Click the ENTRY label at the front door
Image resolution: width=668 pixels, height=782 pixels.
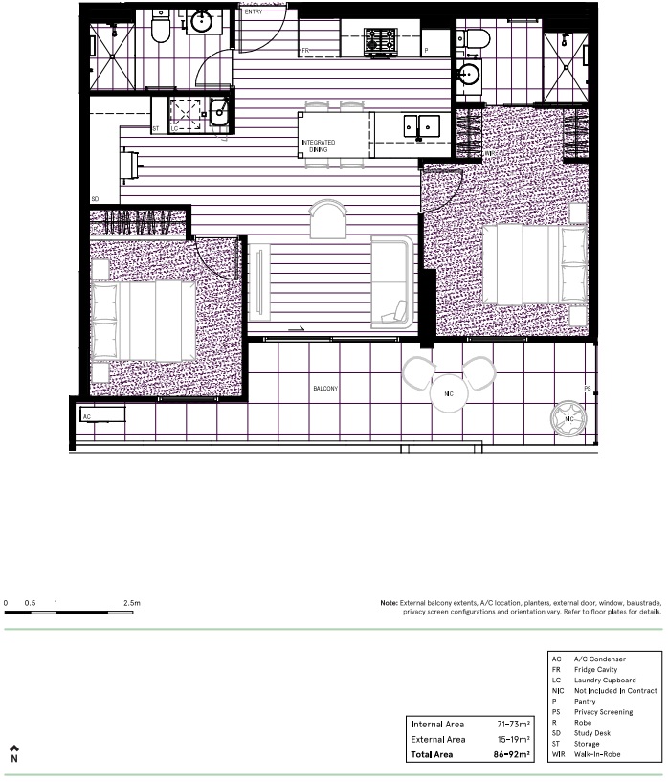(x=254, y=11)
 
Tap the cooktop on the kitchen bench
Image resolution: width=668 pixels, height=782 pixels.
(x=380, y=41)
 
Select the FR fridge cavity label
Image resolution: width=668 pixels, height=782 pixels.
(x=306, y=49)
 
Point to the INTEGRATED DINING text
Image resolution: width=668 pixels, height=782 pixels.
(x=319, y=145)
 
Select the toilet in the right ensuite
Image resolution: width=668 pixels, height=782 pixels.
(x=475, y=38)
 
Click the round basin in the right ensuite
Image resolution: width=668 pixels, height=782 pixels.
(x=470, y=76)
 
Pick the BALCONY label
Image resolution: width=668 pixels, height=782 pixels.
(x=326, y=390)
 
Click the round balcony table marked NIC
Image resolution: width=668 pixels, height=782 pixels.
(x=448, y=392)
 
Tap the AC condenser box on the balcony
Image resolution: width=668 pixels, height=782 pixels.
(x=101, y=416)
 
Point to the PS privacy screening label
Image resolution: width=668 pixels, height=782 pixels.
(x=588, y=388)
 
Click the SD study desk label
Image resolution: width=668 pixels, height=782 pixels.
(x=95, y=199)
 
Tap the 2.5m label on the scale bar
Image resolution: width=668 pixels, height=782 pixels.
(x=132, y=603)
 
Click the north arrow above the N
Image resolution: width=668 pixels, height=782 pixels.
(x=14, y=722)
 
